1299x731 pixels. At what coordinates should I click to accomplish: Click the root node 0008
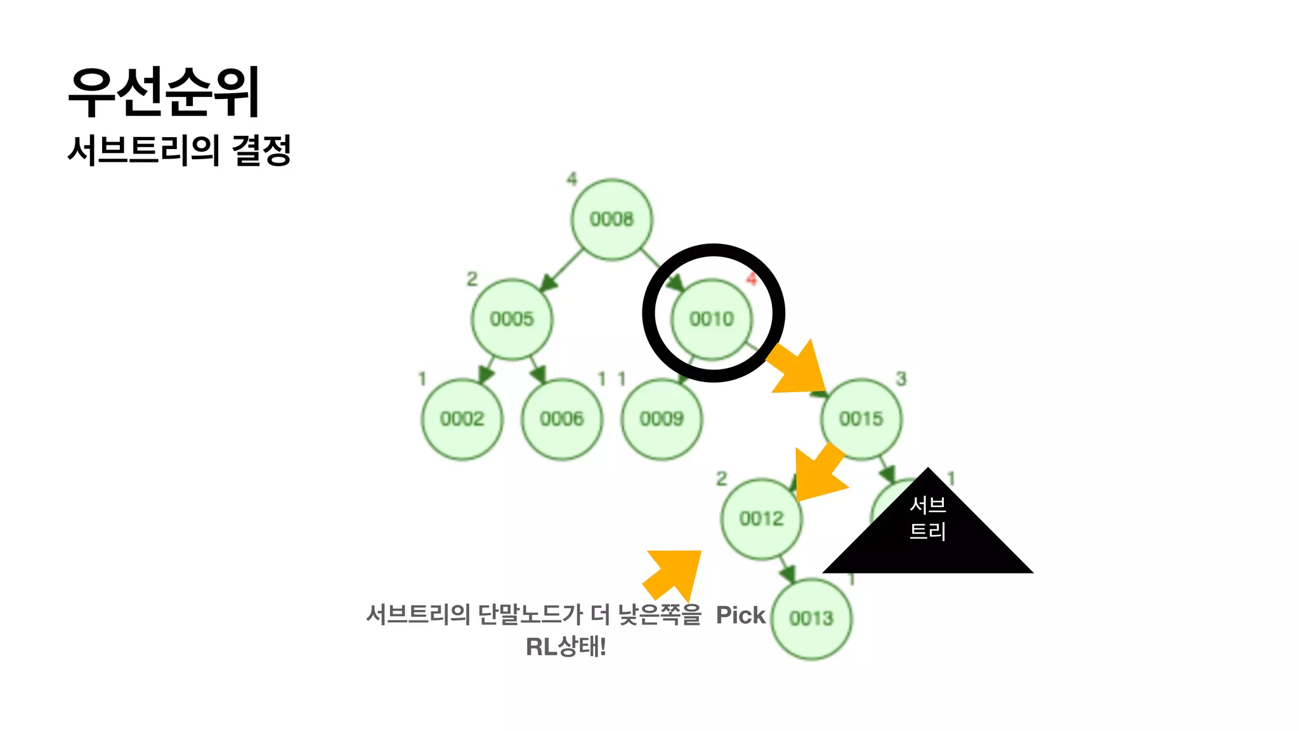click(611, 220)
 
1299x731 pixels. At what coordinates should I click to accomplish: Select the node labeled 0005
click(512, 319)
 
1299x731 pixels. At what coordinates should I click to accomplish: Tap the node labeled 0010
click(712, 319)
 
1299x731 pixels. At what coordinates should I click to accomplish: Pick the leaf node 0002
click(462, 419)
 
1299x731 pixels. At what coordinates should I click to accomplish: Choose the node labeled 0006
click(561, 419)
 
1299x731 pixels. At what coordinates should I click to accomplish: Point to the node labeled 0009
click(662, 419)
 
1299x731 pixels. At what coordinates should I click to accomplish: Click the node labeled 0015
click(861, 419)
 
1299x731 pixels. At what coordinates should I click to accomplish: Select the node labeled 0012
click(761, 518)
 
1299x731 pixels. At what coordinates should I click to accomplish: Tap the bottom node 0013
click(811, 619)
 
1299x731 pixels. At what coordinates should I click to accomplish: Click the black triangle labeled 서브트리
click(928, 533)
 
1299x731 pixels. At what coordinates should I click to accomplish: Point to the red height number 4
click(752, 279)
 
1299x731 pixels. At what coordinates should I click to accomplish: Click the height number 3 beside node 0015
click(901, 379)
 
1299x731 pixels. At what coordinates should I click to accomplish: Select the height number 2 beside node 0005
click(472, 279)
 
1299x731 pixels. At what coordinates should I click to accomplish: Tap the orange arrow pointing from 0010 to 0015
click(798, 371)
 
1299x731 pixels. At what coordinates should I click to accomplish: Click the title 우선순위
click(164, 92)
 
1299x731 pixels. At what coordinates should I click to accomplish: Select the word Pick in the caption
click(740, 615)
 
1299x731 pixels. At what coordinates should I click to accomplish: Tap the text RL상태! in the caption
click(566, 647)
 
